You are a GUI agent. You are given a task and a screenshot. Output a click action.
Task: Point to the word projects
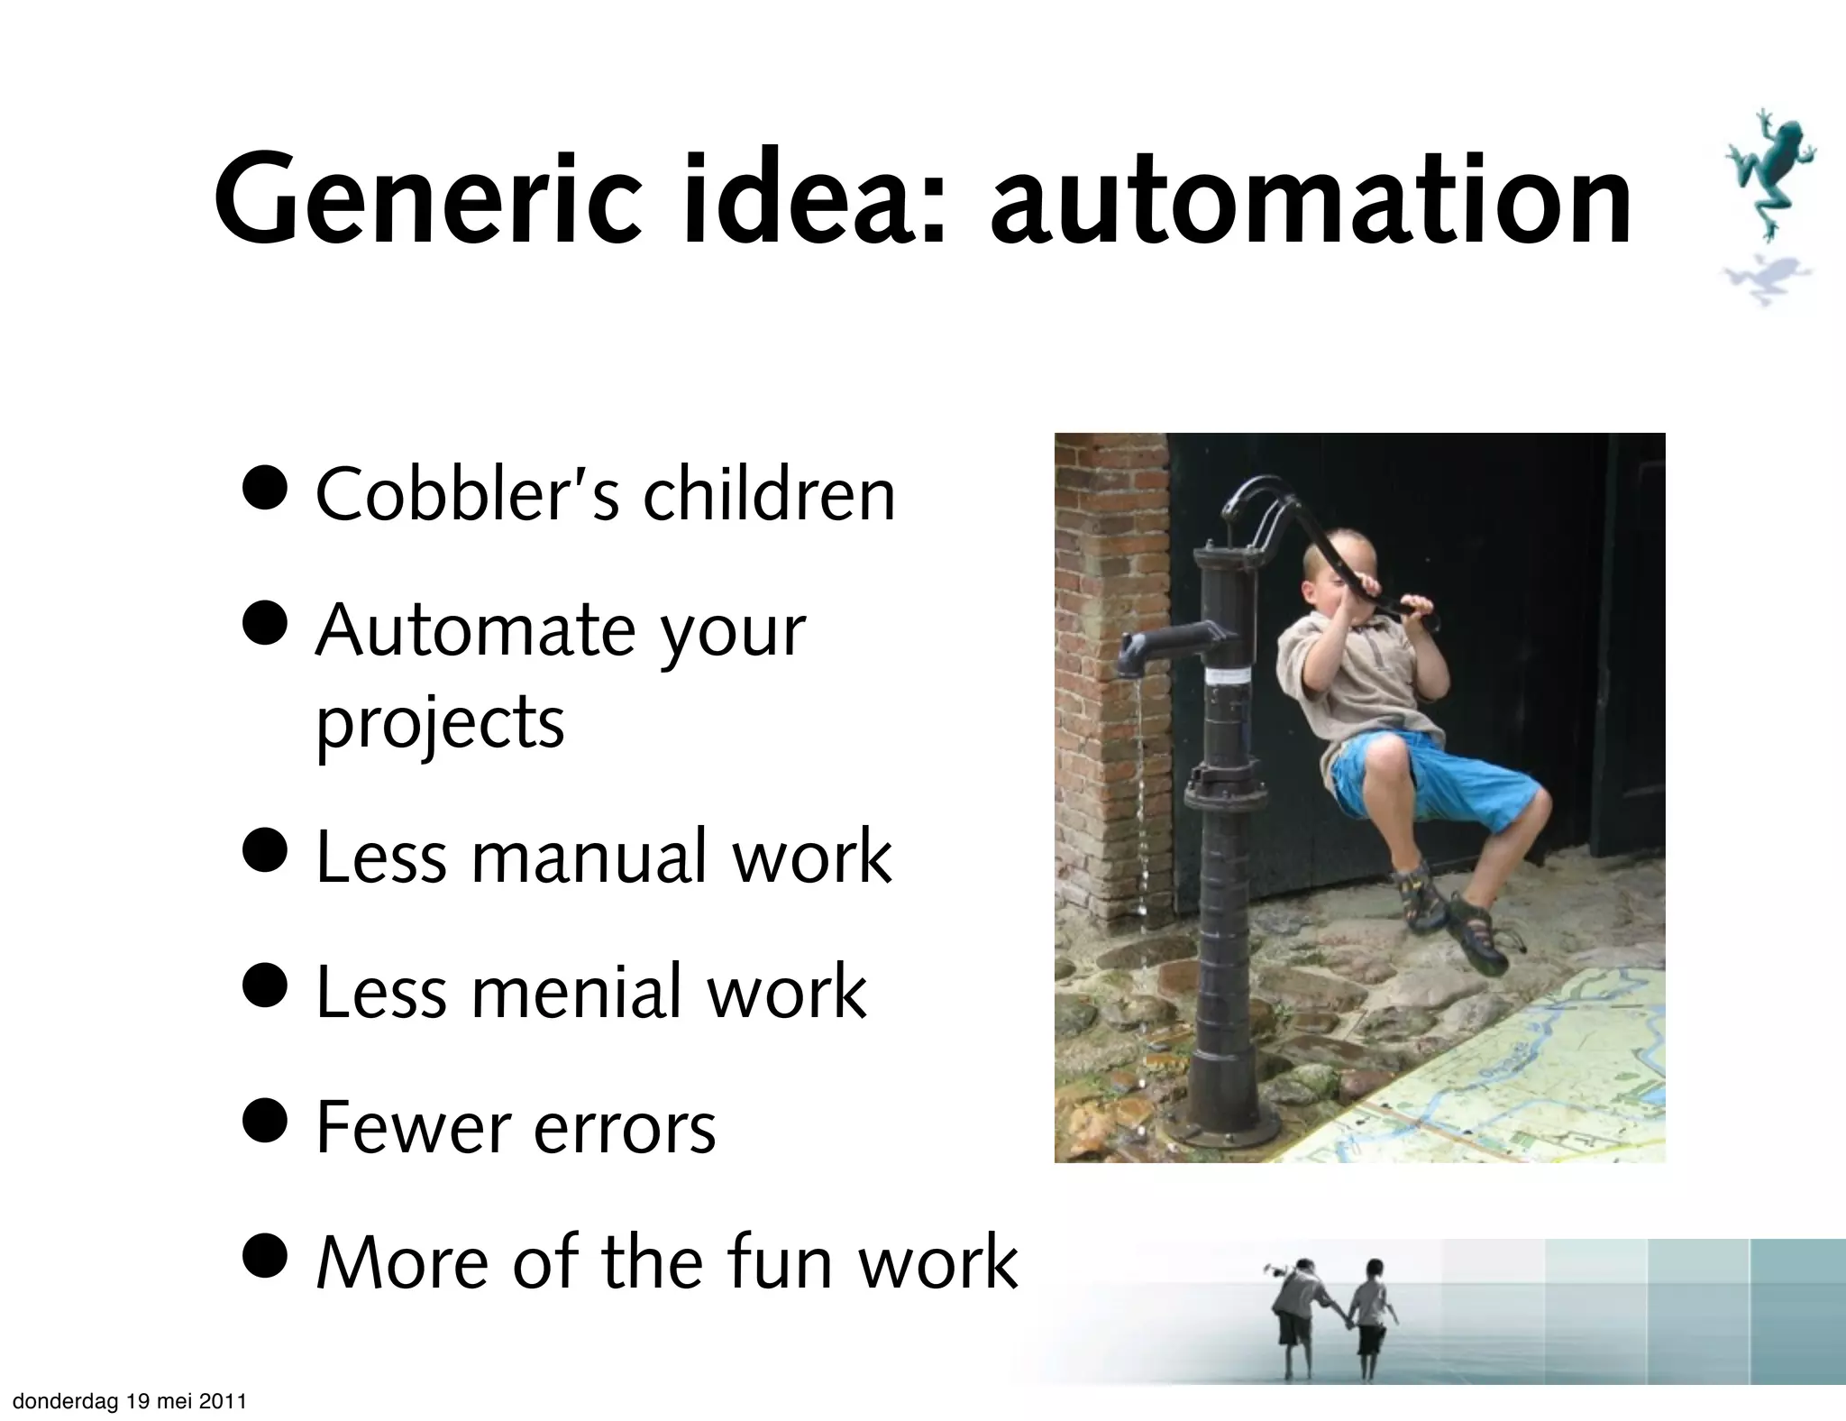pos(440,723)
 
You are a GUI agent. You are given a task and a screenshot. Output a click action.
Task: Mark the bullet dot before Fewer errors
pos(266,1118)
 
